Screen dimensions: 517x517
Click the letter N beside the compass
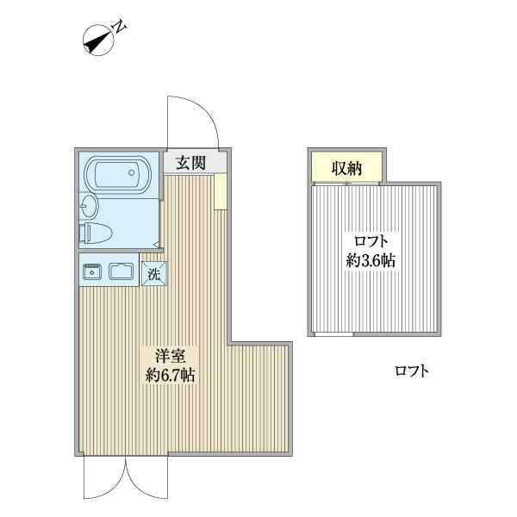pyautogui.click(x=121, y=27)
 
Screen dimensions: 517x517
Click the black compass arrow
pyautogui.click(x=97, y=40)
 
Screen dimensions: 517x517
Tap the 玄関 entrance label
pyautogui.click(x=191, y=163)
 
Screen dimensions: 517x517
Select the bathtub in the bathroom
pyautogui.click(x=118, y=173)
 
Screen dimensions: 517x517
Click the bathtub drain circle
pyautogui.click(x=132, y=172)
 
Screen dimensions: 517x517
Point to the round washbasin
pyautogui.click(x=89, y=207)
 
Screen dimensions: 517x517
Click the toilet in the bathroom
pyautogui.click(x=96, y=233)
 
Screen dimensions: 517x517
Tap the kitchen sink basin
pyautogui.click(x=121, y=271)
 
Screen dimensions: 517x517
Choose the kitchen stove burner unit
pyautogui.click(x=91, y=271)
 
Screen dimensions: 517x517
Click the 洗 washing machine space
pyautogui.click(x=153, y=273)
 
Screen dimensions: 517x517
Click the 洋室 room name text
pyautogui.click(x=171, y=357)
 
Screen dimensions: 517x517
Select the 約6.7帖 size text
pyautogui.click(x=171, y=375)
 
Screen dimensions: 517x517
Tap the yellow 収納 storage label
pyautogui.click(x=347, y=169)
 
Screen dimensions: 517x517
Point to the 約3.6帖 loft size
pyautogui.click(x=371, y=261)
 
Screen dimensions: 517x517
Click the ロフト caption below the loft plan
pyautogui.click(x=412, y=371)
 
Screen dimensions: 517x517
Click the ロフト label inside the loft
pyautogui.click(x=371, y=241)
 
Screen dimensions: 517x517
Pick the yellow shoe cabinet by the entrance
pyautogui.click(x=220, y=191)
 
